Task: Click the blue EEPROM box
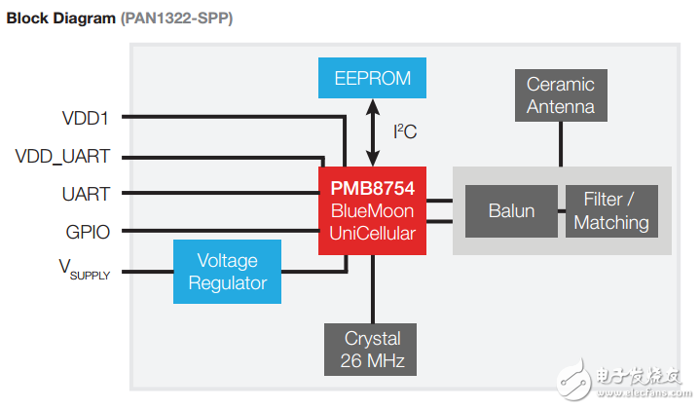point(373,78)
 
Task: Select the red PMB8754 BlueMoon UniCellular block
point(372,211)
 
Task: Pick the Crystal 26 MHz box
point(372,350)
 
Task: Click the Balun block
point(512,211)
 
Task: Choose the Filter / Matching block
point(610,211)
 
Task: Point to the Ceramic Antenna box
point(560,95)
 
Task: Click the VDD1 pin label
point(85,118)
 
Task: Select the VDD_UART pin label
point(62,156)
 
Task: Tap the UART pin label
point(85,194)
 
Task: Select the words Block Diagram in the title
point(59,19)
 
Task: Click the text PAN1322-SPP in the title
point(178,19)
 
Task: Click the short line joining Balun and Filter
point(562,211)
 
